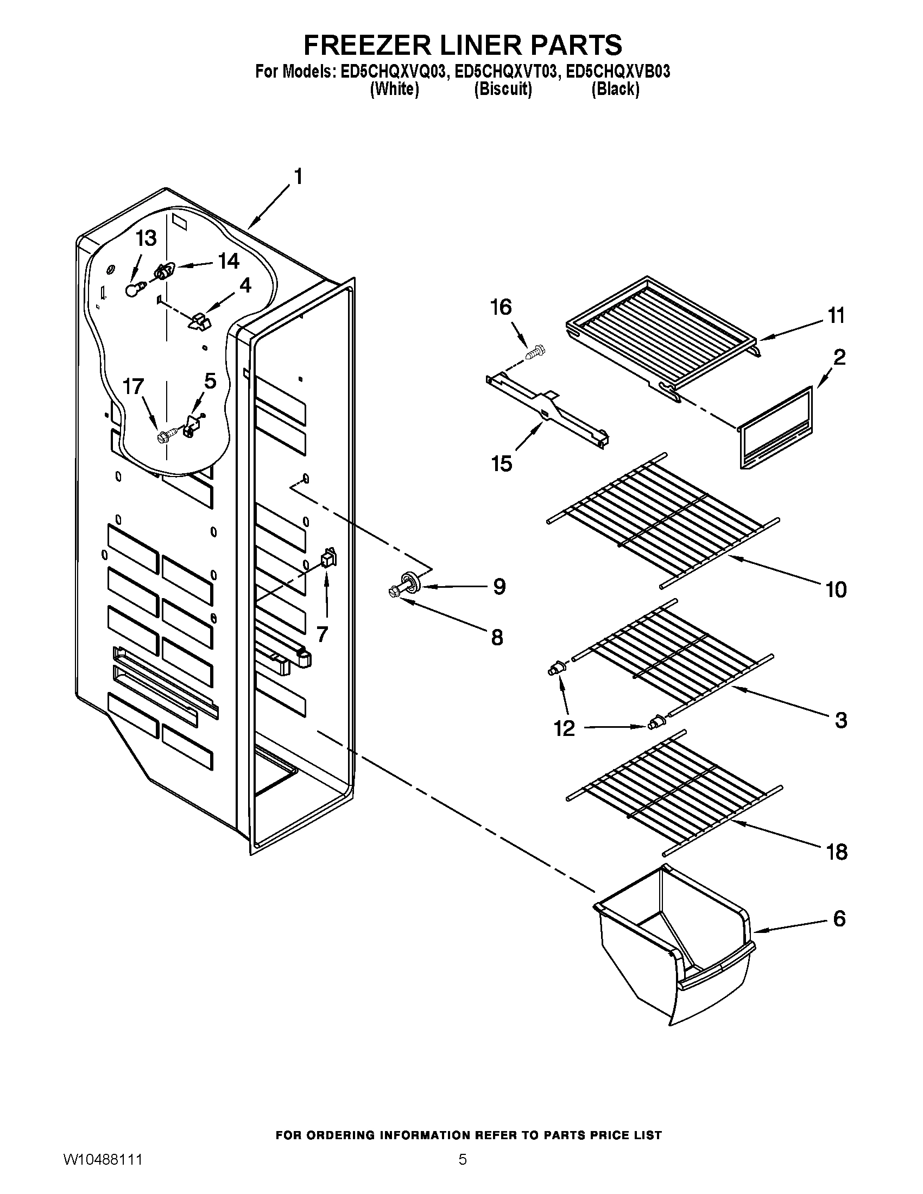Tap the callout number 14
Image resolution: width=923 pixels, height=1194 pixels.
(x=229, y=262)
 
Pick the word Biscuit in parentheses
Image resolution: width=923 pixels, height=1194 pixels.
(x=503, y=89)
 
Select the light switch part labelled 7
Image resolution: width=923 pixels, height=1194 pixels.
(x=327, y=558)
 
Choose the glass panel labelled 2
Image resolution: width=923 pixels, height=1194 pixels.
(x=776, y=428)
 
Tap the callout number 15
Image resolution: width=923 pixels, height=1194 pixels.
(x=502, y=463)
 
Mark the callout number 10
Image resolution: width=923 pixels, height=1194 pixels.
(x=836, y=589)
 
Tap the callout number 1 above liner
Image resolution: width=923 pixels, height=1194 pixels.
(x=298, y=177)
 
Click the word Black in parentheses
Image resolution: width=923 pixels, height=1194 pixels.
(x=615, y=89)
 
